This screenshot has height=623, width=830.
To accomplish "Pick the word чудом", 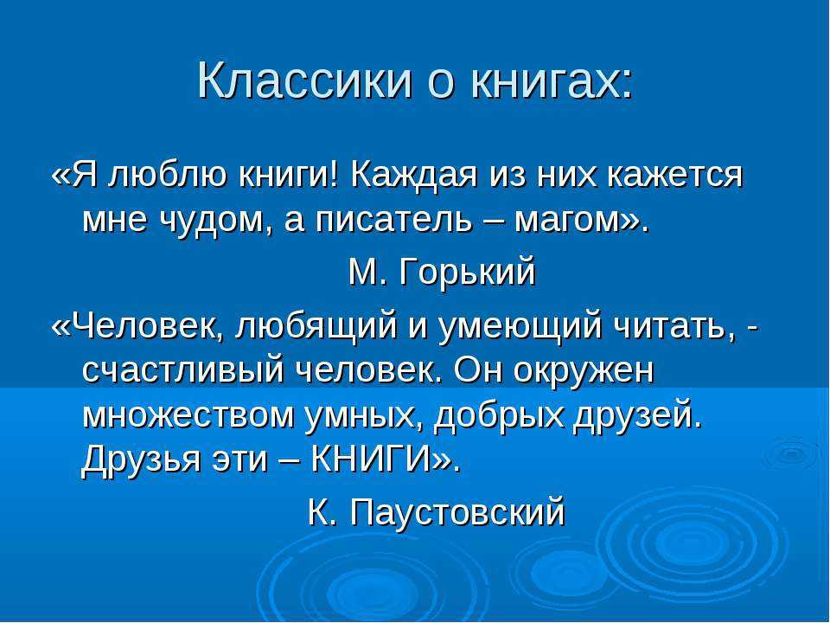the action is coord(213,219).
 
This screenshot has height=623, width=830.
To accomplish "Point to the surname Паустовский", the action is coord(458,511).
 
